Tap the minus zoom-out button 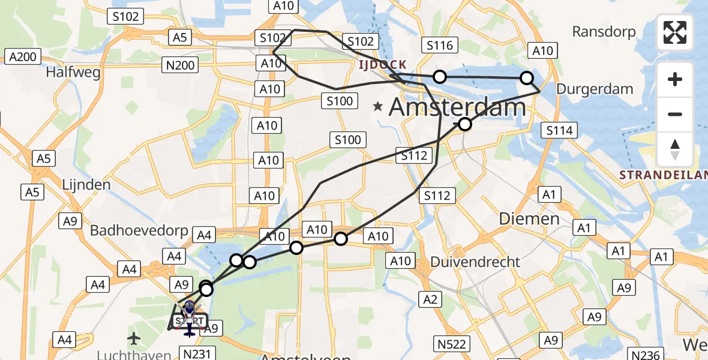point(675,114)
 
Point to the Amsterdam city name point(457,107)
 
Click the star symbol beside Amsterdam point(377,107)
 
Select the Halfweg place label point(72,73)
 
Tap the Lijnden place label point(86,184)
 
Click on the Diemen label point(529,218)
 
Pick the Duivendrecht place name point(475,262)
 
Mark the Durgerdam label point(595,89)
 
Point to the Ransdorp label point(603,31)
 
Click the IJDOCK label point(383,64)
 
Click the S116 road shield point(440,45)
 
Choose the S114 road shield point(559,130)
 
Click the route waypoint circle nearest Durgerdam point(527,77)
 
